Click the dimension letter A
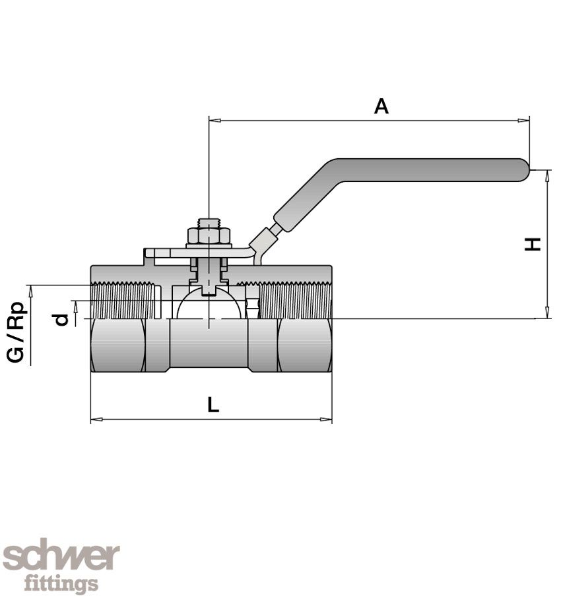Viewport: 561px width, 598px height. (381, 106)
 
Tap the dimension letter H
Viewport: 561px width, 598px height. (533, 244)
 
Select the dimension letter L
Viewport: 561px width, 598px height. (213, 405)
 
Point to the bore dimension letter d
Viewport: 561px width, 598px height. (62, 319)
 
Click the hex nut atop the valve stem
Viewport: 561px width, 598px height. (209, 235)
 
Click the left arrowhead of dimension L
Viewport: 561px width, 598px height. (95, 419)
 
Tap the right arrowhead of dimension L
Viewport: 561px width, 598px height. (327, 419)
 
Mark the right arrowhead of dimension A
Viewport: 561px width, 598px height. (525, 121)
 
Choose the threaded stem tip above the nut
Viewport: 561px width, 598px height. (209, 222)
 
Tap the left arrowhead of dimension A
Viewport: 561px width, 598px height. (213, 121)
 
